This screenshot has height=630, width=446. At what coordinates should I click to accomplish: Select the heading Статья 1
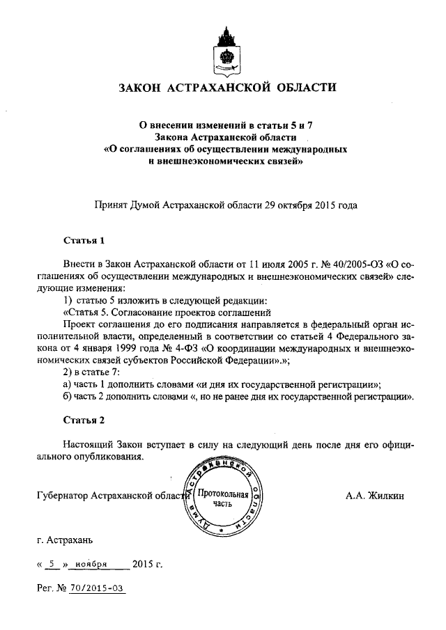(x=84, y=241)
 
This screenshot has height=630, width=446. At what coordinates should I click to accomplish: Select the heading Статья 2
(x=84, y=422)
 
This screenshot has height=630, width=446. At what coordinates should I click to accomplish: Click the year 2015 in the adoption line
(x=326, y=205)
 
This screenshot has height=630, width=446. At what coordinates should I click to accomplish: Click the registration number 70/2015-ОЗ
(x=97, y=588)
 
